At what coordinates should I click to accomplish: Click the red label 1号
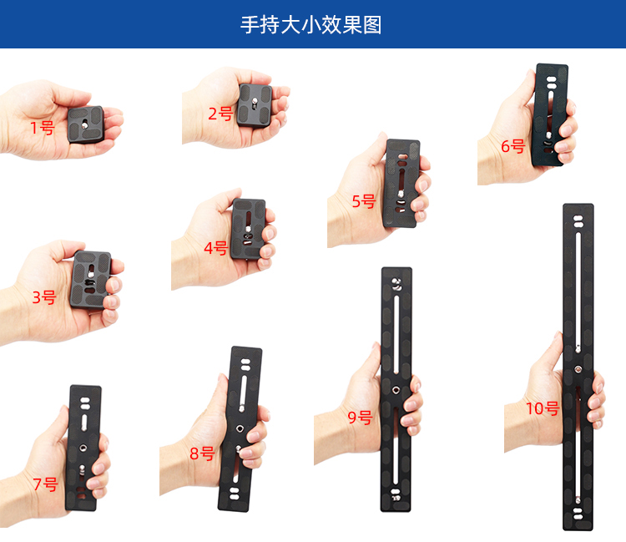click(x=43, y=128)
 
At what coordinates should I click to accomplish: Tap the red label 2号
click(x=221, y=114)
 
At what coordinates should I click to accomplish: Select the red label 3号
click(x=44, y=297)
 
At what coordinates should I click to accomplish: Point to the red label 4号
click(x=215, y=248)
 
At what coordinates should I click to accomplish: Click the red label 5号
click(x=364, y=201)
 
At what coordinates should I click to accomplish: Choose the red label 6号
click(x=513, y=146)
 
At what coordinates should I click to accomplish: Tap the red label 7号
click(x=46, y=484)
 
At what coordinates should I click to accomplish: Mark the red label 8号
click(x=203, y=453)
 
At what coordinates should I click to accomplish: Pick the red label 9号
click(x=360, y=417)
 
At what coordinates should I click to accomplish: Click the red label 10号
click(x=543, y=408)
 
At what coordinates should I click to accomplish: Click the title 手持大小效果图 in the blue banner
click(x=311, y=25)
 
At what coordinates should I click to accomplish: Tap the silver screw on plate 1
click(x=84, y=125)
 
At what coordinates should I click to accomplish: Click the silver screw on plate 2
click(x=255, y=103)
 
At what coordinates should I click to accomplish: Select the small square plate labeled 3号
click(x=91, y=280)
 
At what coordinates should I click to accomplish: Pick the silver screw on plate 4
click(x=248, y=230)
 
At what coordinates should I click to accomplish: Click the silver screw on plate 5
click(x=401, y=194)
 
